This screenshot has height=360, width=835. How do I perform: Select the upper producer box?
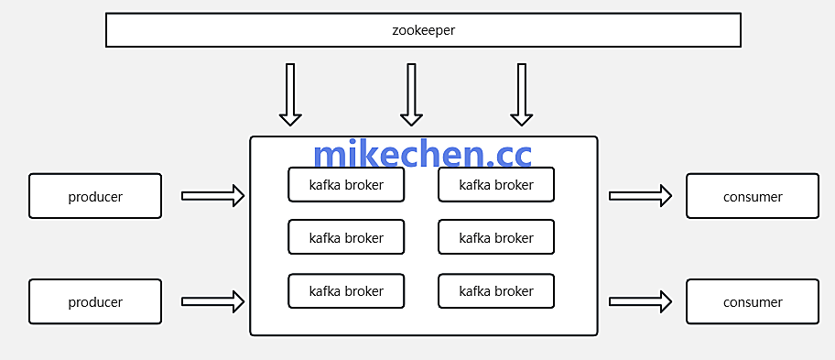point(95,196)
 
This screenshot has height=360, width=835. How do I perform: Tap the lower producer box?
point(95,301)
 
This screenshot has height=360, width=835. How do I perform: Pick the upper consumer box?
point(753,196)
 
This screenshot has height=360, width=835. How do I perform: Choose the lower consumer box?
point(753,301)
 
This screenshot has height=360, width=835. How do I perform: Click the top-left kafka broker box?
point(346,185)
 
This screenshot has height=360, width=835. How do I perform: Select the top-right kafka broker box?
point(496,185)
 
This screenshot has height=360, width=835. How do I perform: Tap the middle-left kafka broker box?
point(346,237)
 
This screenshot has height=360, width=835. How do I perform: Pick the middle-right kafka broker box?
point(496,237)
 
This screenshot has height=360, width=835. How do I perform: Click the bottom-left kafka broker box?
point(346,291)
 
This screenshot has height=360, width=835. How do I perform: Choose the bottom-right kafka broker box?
point(496,291)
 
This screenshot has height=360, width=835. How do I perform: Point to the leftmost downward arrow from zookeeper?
point(290,94)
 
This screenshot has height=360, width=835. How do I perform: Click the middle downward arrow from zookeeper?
point(411,94)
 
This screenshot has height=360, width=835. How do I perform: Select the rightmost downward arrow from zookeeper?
point(522,94)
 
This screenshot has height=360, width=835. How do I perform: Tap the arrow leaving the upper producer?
point(213,195)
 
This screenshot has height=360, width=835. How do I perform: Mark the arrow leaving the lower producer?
point(213,300)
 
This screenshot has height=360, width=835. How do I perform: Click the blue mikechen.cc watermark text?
point(422,154)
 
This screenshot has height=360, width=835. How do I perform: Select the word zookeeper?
point(423,30)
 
